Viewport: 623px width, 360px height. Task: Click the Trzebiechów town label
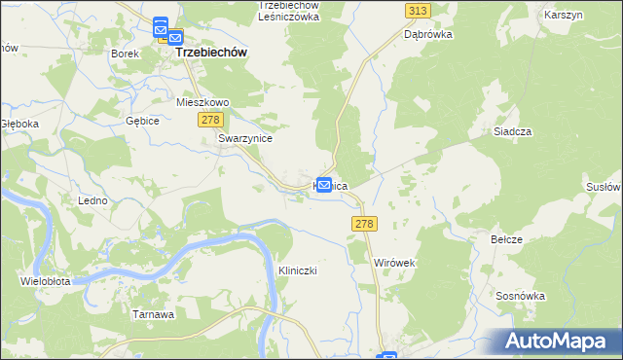click(211, 54)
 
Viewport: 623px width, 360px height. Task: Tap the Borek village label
click(125, 54)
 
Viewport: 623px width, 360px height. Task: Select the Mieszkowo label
click(202, 101)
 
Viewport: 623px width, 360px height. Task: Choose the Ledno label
click(92, 199)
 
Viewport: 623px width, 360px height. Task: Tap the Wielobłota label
click(45, 281)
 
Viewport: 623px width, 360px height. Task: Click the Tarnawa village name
click(153, 314)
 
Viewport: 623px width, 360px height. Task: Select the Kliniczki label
click(299, 270)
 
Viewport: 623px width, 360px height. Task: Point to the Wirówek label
click(395, 263)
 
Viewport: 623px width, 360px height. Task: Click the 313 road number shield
click(418, 10)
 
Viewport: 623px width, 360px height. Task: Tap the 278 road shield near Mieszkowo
click(211, 119)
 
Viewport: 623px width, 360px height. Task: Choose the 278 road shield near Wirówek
click(363, 224)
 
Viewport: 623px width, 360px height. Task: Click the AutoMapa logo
click(559, 342)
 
